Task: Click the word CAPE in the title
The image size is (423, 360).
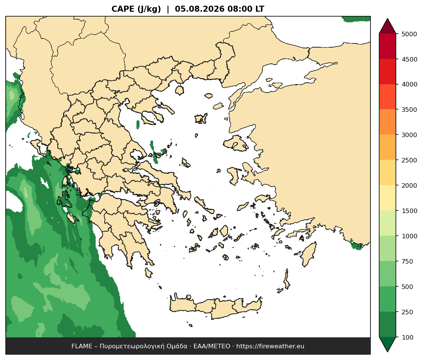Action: click(123, 9)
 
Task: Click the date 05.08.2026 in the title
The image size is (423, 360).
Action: click(200, 9)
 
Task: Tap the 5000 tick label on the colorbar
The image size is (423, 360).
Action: click(409, 34)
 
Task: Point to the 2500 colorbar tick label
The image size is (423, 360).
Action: click(409, 160)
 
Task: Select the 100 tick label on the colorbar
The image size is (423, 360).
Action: click(408, 337)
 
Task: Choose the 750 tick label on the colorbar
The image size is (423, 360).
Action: click(408, 261)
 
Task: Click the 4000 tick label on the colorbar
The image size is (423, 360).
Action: click(409, 84)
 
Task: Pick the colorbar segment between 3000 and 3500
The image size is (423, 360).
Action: click(387, 122)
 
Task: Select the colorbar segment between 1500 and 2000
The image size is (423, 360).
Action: click(387, 198)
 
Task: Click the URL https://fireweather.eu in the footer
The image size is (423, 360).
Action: click(270, 346)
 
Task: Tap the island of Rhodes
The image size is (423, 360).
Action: click(308, 254)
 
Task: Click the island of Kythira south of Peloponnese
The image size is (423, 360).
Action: click(148, 273)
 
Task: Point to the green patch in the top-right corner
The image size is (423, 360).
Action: click(356, 19)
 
